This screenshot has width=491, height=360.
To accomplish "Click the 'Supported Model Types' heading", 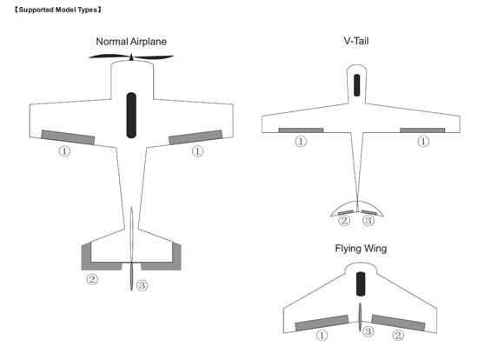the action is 58,10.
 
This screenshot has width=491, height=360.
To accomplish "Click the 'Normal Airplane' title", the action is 131,42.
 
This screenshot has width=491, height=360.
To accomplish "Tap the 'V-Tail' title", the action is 356,41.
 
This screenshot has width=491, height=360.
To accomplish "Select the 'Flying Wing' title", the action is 361,249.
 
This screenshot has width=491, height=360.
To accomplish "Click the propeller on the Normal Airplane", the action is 131,57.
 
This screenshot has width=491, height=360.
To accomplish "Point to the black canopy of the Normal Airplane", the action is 131,116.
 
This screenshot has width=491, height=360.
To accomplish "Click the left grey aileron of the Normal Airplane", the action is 68,137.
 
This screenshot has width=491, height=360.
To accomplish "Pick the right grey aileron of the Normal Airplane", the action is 196,137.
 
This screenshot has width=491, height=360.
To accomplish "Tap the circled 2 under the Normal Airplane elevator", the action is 92,279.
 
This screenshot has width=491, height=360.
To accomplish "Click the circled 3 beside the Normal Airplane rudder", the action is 142,285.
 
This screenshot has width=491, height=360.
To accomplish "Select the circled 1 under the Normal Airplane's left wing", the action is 64,151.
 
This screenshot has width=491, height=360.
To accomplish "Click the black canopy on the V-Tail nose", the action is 356,85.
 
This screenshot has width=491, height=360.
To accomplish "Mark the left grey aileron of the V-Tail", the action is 301,130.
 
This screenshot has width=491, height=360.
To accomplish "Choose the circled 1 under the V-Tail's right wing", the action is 423,142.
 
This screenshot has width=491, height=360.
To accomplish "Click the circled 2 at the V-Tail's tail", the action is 344,221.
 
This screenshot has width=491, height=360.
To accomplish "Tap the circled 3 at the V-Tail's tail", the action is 368,221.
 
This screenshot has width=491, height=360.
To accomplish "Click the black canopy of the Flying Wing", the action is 361,283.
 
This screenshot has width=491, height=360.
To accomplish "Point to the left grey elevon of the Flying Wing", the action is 322,323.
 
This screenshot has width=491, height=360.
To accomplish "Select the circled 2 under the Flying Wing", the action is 398,336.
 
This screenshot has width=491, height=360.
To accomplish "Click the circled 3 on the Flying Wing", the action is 368,331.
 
